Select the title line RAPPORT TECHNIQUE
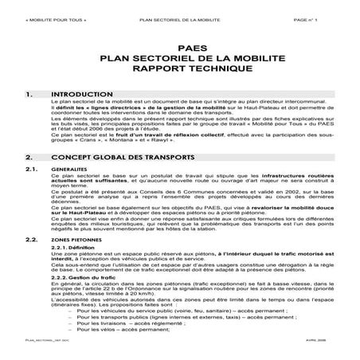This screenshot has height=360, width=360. [x=178, y=70]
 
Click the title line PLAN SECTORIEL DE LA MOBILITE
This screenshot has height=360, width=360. [x=178, y=58]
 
